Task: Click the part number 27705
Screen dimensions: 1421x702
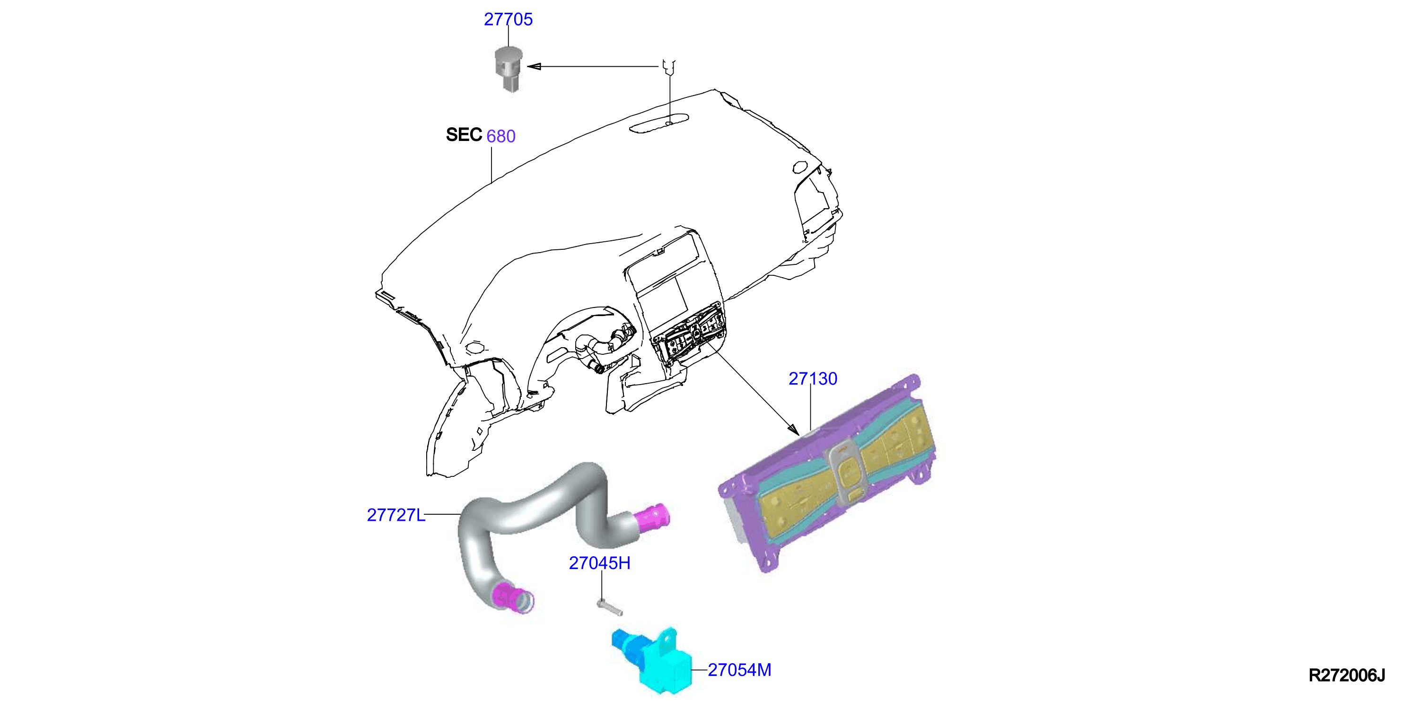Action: point(508,19)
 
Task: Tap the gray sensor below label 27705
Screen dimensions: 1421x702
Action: point(508,69)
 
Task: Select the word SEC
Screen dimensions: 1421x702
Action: point(464,134)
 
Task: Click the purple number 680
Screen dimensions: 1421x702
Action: point(501,136)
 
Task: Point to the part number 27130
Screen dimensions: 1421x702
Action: point(813,379)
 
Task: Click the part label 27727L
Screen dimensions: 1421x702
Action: point(396,515)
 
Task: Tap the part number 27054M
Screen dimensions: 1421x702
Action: point(739,670)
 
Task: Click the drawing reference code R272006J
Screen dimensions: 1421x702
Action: point(1347,676)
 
